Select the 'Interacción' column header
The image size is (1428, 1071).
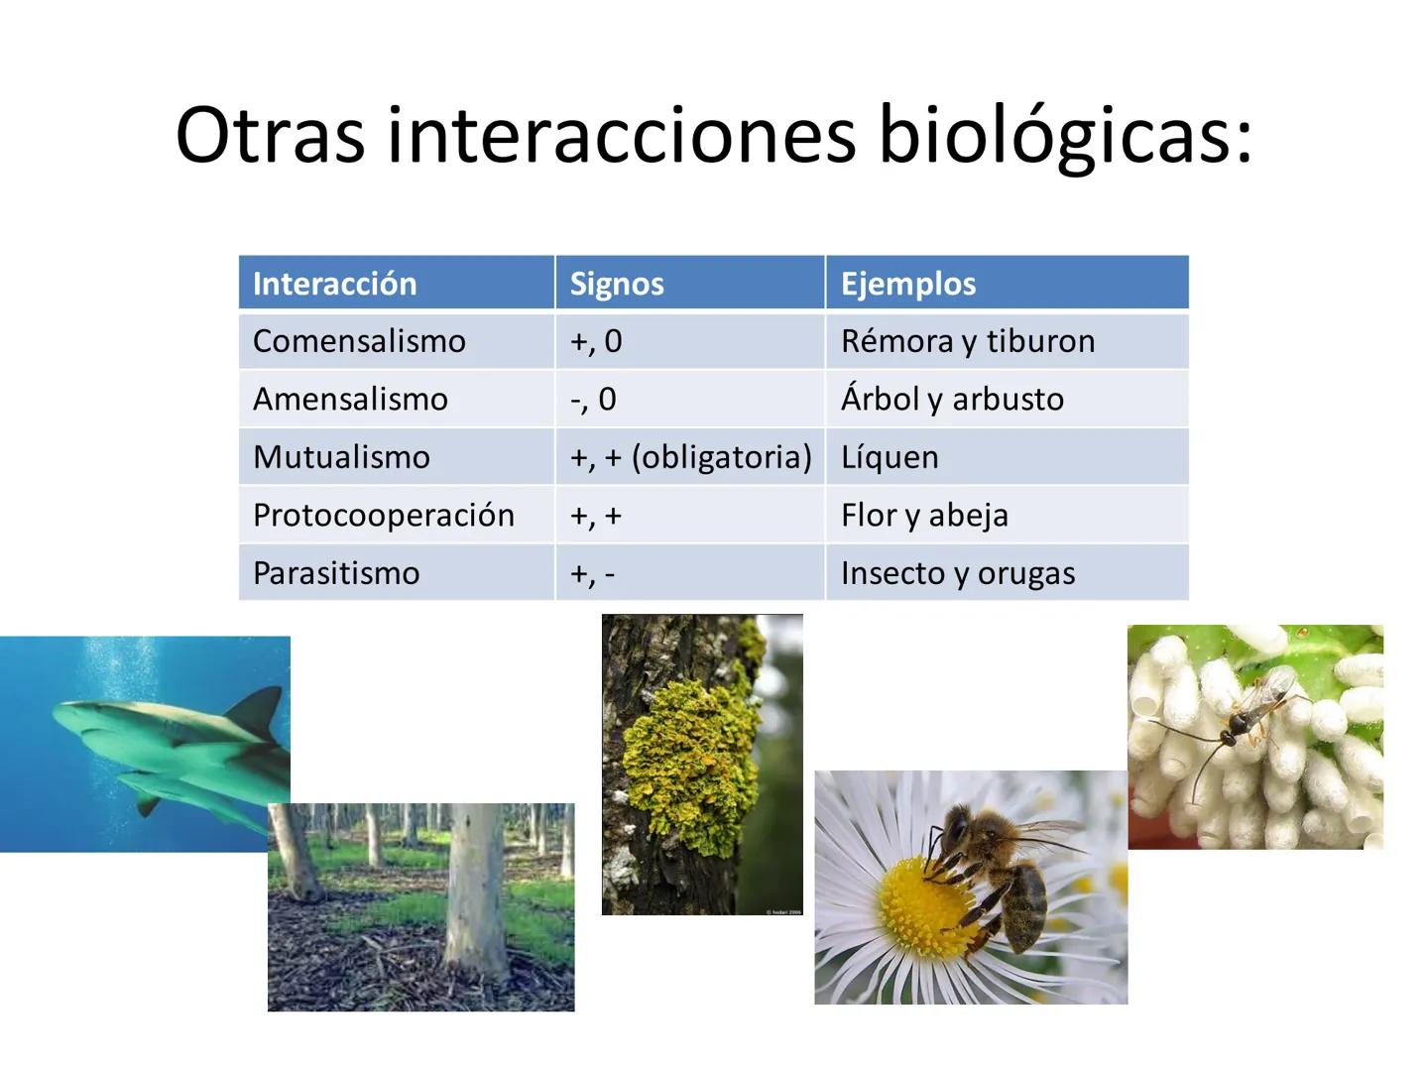click(x=334, y=284)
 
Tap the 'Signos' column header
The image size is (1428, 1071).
click(x=616, y=284)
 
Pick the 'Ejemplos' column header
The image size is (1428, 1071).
click(x=907, y=284)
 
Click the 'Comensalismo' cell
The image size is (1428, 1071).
click(x=359, y=341)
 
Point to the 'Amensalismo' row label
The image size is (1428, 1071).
click(x=350, y=399)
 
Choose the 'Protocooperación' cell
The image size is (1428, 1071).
click(x=383, y=515)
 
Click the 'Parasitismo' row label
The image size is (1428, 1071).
click(x=336, y=573)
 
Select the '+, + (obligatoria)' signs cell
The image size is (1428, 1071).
click(x=690, y=457)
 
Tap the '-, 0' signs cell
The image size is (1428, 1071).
click(x=593, y=399)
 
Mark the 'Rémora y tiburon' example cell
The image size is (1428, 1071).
click(x=967, y=341)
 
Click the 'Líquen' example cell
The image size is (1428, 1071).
click(x=889, y=457)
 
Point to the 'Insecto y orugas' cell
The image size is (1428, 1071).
click(x=957, y=573)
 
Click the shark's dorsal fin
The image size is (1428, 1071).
click(x=256, y=710)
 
